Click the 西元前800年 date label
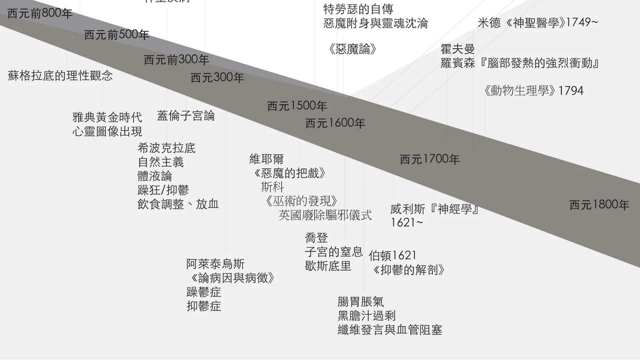click(x=40, y=14)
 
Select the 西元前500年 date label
click(x=116, y=35)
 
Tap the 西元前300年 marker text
click(x=176, y=60)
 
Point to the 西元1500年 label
click(x=297, y=106)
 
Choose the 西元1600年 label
click(x=335, y=123)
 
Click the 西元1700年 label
click(x=430, y=159)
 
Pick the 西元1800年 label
click(x=599, y=205)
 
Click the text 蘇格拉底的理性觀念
click(x=60, y=76)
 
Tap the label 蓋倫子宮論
click(x=186, y=116)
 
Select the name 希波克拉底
click(x=166, y=148)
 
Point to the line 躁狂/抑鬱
click(x=163, y=190)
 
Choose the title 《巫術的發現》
click(x=301, y=201)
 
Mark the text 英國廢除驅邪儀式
click(x=325, y=215)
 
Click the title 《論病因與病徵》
click(x=233, y=278)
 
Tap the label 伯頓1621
click(x=393, y=256)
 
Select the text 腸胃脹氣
click(x=361, y=302)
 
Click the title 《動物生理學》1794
click(x=533, y=91)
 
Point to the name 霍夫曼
click(x=458, y=49)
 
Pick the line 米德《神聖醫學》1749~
click(x=538, y=23)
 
